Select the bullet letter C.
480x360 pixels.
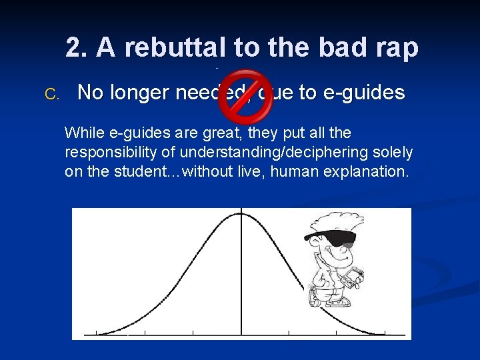51,93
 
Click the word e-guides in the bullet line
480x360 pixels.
363,93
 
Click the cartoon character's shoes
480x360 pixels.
337,301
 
